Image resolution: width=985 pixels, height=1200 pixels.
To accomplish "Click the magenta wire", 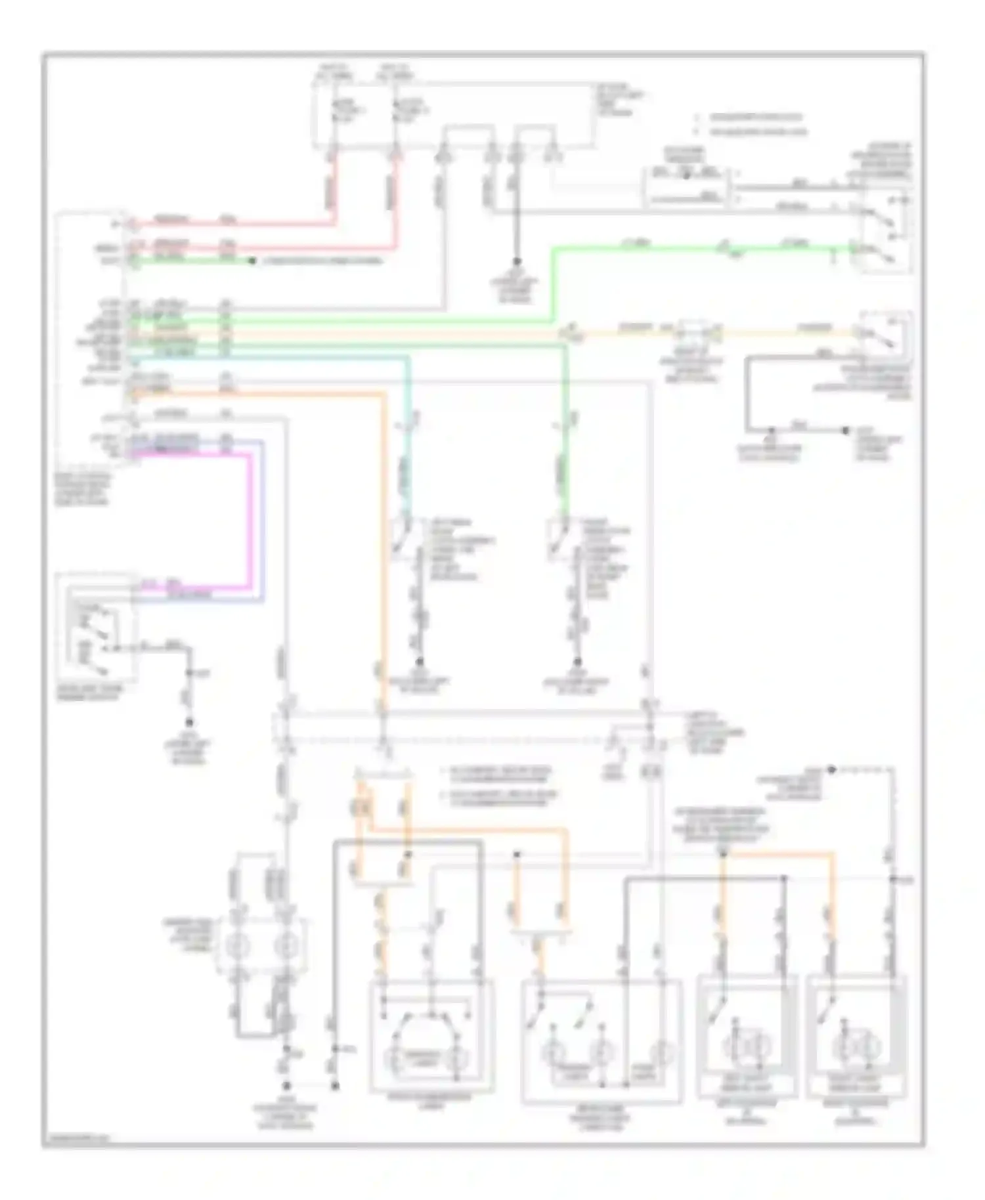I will pyautogui.click(x=250, y=519).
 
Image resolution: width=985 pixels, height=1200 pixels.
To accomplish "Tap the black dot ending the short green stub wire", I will pyautogui.click(x=252, y=261).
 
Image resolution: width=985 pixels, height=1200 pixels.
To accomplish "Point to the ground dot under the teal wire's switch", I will pyautogui.click(x=419, y=662).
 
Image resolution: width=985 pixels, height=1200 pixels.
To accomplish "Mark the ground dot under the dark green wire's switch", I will pyautogui.click(x=577, y=662).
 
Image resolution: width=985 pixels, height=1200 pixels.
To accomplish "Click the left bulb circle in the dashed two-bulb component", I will pyautogui.click(x=236, y=946).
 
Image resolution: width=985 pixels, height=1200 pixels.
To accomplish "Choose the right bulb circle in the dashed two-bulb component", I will pyautogui.click(x=286, y=946).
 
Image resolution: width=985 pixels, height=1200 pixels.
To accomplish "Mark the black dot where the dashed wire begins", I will pyautogui.click(x=831, y=769).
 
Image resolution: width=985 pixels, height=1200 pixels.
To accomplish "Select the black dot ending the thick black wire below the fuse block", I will pyautogui.click(x=516, y=261).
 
